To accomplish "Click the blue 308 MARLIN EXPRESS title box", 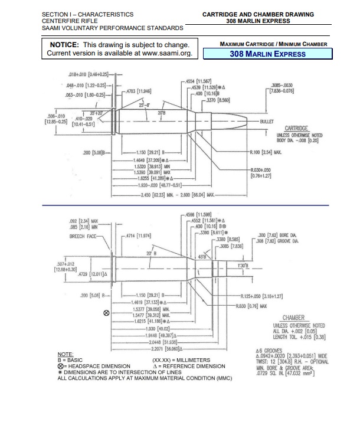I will click(267, 54).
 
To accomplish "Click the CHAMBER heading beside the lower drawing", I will click(293, 318).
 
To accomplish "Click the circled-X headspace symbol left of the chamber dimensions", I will click(106, 313).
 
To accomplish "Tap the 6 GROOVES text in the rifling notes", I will click(263, 351).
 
